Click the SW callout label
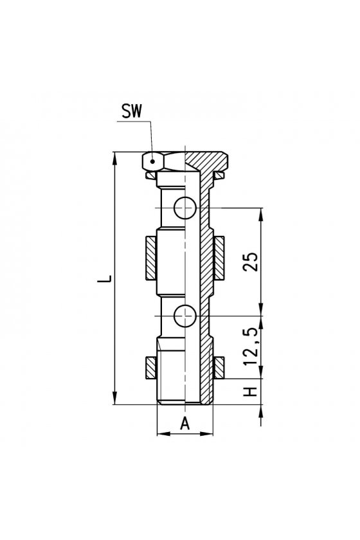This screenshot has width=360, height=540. pyautogui.click(x=132, y=111)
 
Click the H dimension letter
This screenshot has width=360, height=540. pyautogui.click(x=251, y=392)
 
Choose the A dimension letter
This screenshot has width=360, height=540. pyautogui.click(x=185, y=423)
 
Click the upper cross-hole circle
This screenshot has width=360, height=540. pyautogui.click(x=185, y=208)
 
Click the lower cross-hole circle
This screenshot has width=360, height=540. pyautogui.click(x=185, y=316)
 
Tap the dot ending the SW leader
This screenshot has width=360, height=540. pyautogui.click(x=152, y=161)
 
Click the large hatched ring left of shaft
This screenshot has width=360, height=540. pyautogui.click(x=151, y=258)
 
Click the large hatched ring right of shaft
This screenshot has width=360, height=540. pyautogui.click(x=219, y=258)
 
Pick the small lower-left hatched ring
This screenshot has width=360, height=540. pyautogui.click(x=151, y=368)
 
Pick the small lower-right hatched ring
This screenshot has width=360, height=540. pyautogui.click(x=219, y=368)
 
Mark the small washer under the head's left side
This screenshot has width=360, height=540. pyautogui.click(x=151, y=175)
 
